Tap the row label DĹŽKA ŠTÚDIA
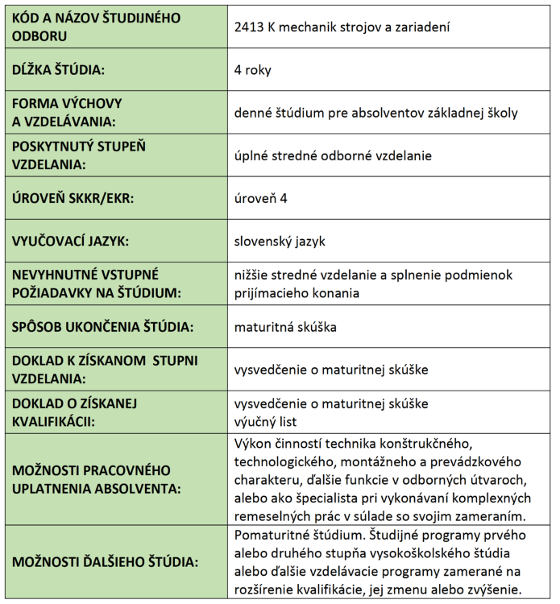60,70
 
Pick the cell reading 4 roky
252,70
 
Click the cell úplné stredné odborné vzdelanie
333,155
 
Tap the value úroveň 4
260,198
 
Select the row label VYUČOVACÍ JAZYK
70,241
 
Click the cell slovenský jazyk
280,241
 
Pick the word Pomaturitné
272,536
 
